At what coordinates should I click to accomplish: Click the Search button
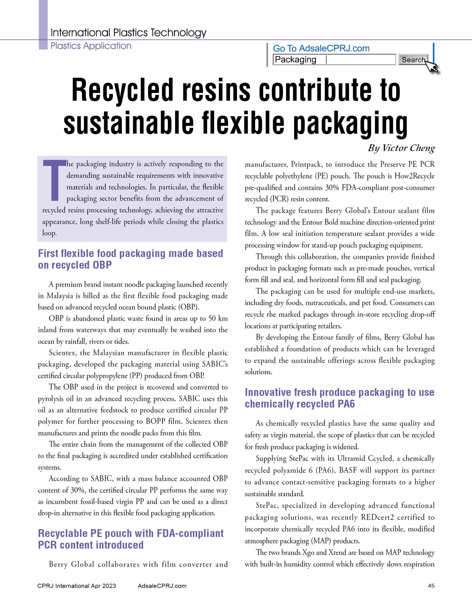tap(413, 60)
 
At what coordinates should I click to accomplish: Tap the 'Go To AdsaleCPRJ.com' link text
tap(321, 48)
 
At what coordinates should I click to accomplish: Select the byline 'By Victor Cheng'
tap(401, 148)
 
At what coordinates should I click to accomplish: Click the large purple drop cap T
tap(55, 180)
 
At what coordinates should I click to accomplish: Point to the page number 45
tap(431, 586)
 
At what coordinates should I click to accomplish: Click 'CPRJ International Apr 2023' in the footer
tap(77, 586)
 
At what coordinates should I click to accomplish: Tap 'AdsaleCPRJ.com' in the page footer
tap(162, 586)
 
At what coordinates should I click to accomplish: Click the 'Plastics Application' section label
tap(91, 46)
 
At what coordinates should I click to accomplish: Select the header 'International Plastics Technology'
tap(128, 32)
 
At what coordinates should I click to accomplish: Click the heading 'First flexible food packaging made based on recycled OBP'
tap(130, 259)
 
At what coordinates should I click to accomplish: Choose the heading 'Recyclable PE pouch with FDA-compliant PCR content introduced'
tap(131, 539)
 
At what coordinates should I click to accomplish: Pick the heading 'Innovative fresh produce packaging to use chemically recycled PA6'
tap(339, 398)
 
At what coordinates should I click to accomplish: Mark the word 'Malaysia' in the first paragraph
tap(60, 295)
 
